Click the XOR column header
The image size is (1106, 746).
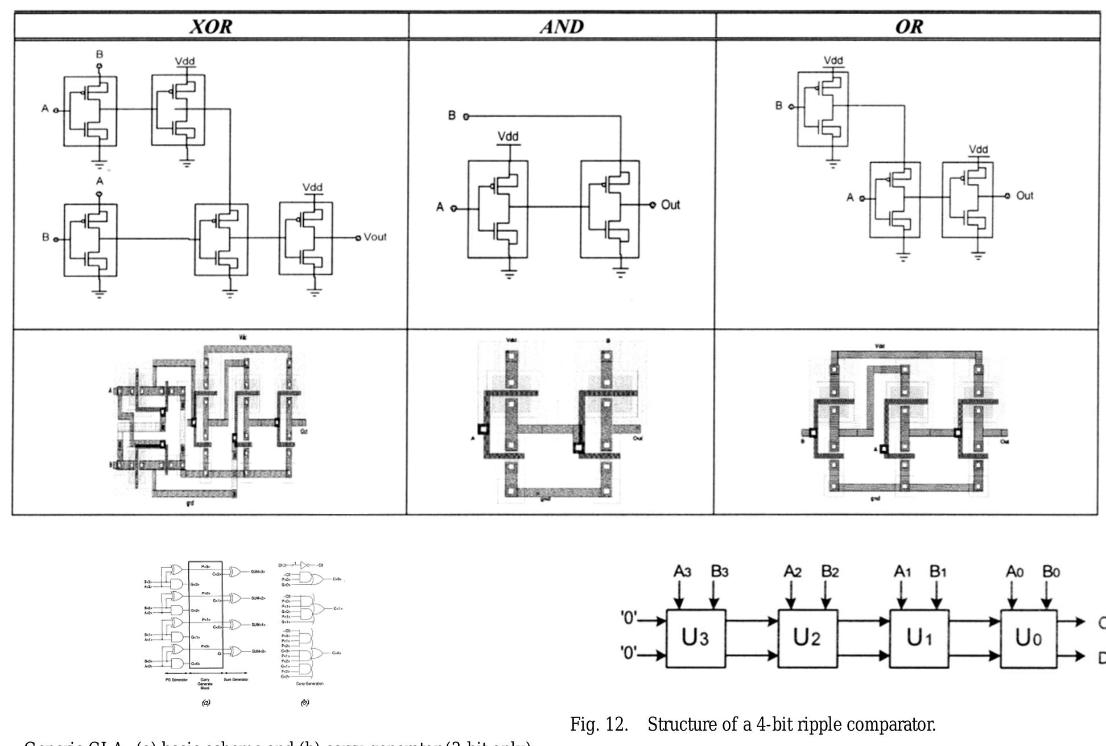click(x=211, y=27)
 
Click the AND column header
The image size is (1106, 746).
click(x=562, y=27)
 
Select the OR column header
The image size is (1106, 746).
click(x=909, y=27)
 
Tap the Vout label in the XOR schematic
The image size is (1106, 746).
click(x=375, y=237)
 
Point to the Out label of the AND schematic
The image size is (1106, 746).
click(x=670, y=205)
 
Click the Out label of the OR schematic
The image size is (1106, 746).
click(x=1024, y=196)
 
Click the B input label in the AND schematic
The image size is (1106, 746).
click(x=452, y=116)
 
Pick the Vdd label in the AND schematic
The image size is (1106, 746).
click(x=508, y=137)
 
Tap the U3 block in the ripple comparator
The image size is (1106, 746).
click(x=695, y=638)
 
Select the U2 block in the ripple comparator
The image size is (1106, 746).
click(x=807, y=638)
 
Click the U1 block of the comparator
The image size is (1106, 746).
click(x=919, y=638)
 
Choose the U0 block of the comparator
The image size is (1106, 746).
click(x=1029, y=638)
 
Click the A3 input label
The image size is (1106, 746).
click(x=682, y=571)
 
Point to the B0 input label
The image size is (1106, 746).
click(x=1051, y=571)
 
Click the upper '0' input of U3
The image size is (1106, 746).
click(x=629, y=618)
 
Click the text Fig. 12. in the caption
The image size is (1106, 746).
click(x=599, y=724)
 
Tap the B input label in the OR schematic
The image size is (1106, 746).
click(x=779, y=106)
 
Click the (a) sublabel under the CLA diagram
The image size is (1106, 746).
click(x=206, y=703)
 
